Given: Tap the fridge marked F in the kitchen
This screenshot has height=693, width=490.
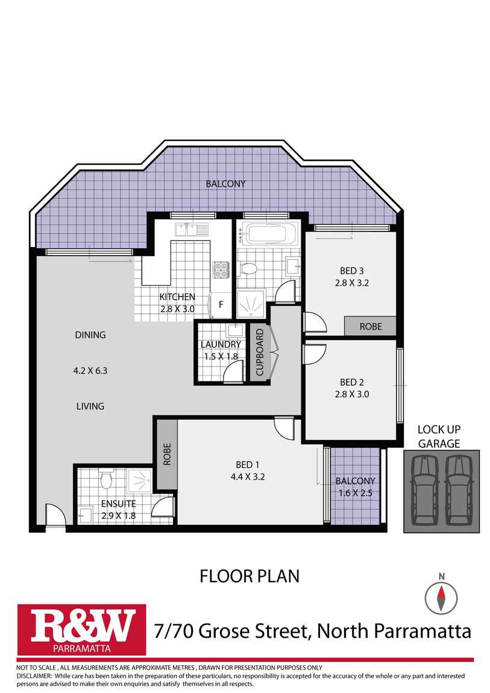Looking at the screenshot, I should point(221,305).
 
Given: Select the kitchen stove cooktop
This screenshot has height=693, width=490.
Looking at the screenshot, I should point(221,270).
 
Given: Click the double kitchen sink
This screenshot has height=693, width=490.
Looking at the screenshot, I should point(190,230).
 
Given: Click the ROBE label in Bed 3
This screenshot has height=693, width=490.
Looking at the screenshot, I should point(370,326).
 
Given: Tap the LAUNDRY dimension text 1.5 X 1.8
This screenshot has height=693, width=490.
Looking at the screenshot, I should point(220,356).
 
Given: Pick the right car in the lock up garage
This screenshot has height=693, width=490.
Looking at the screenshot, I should point(459,491).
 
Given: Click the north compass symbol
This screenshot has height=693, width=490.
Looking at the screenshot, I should point(441,597).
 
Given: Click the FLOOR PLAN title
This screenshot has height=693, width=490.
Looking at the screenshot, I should point(249,576).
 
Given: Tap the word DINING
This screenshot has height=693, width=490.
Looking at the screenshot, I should point(90,335).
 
